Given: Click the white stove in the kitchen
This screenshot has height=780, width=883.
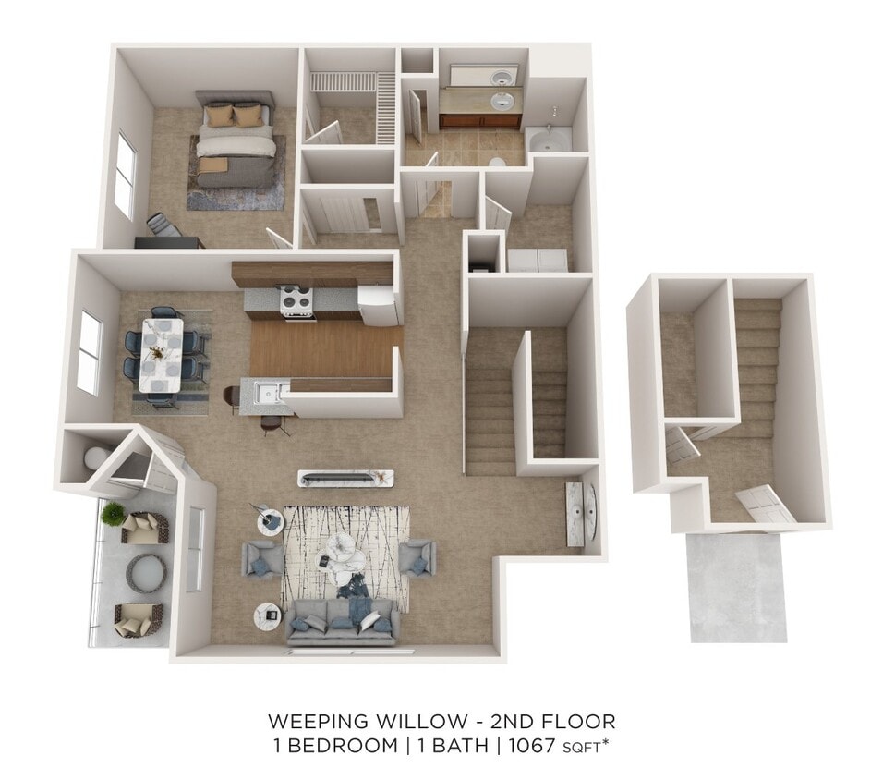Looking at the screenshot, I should [298, 303].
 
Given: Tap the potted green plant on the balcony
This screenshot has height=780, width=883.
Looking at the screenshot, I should [114, 514].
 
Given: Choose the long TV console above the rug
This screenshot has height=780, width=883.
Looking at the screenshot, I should [345, 478].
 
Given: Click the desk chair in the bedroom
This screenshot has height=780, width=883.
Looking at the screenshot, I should [163, 225].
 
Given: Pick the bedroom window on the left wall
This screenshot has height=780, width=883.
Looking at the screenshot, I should [125, 175].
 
